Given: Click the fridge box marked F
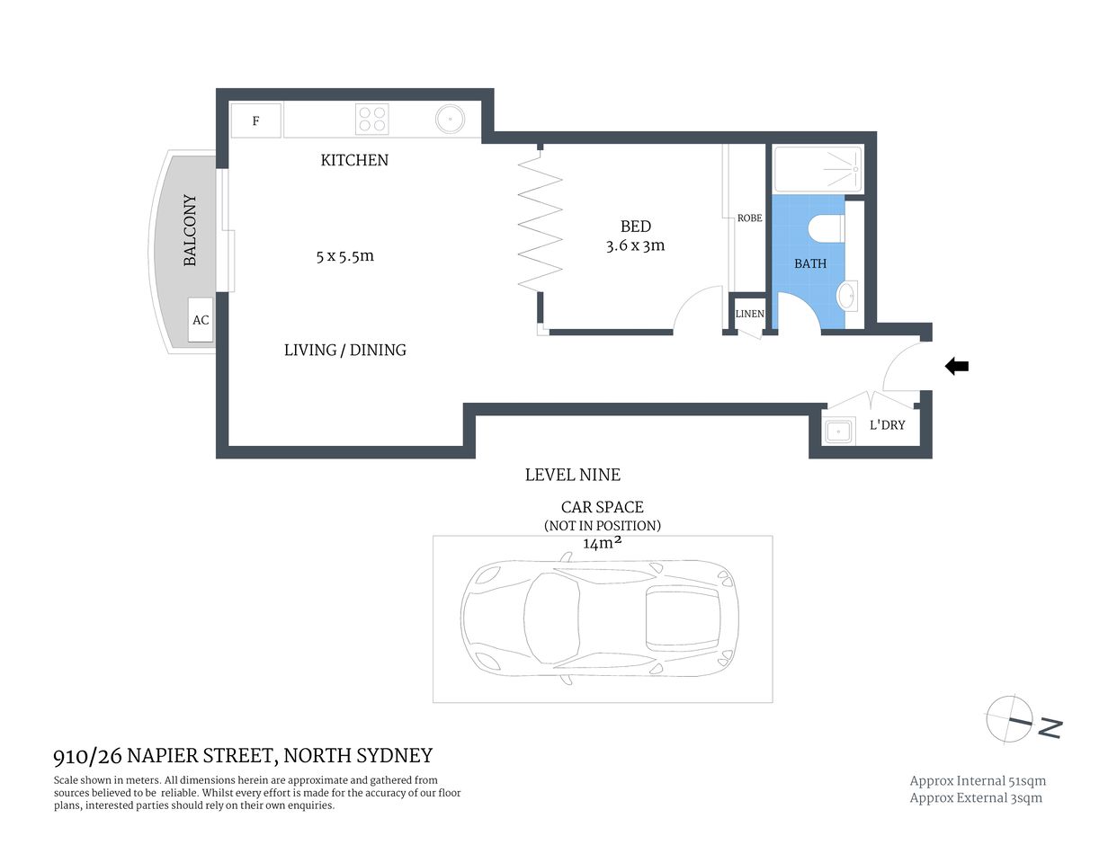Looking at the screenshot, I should point(256,120).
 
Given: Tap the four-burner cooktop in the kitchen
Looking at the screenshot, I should point(371,120).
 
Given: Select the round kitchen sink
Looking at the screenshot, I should point(450,119).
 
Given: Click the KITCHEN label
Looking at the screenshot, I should point(354,160).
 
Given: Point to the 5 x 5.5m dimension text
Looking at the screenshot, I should point(344,256).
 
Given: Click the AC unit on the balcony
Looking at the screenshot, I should point(201,320).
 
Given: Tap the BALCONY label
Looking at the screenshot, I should point(190,230).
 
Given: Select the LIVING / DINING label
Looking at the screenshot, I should point(344,351).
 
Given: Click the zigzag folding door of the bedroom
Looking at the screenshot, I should point(541,221).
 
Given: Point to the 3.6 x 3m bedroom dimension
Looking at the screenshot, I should point(635,245).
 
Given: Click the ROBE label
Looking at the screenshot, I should point(749,218).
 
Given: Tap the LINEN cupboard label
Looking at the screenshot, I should point(749,314).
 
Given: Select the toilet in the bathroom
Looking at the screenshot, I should point(825,228).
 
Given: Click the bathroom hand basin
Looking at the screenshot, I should point(846,294).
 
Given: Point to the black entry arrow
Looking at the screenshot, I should point(956,366).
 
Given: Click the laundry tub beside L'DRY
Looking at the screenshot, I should point(838,431).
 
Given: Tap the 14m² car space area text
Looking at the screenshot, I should point(603,543).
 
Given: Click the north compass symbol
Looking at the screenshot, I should point(1010,720).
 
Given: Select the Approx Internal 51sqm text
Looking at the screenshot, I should point(978,781).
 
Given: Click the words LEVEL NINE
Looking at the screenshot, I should point(572,475).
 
